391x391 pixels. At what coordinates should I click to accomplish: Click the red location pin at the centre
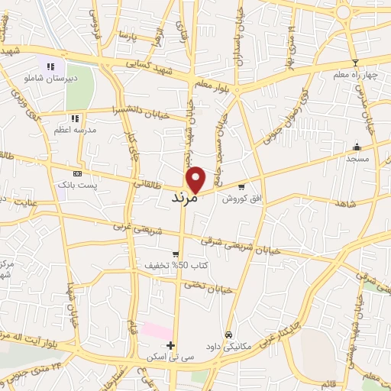click(196, 179)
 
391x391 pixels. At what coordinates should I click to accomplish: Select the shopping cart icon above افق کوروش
click(242, 186)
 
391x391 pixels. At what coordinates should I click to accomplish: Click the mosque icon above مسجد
click(356, 147)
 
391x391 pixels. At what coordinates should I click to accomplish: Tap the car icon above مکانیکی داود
click(228, 335)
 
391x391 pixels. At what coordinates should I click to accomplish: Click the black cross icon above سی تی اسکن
click(170, 346)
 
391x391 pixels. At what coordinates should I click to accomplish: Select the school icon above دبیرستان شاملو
click(51, 66)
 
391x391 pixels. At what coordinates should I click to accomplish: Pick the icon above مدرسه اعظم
click(75, 118)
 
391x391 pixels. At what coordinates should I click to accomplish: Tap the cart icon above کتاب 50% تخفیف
click(176, 254)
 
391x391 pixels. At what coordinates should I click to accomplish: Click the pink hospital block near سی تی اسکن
click(157, 331)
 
